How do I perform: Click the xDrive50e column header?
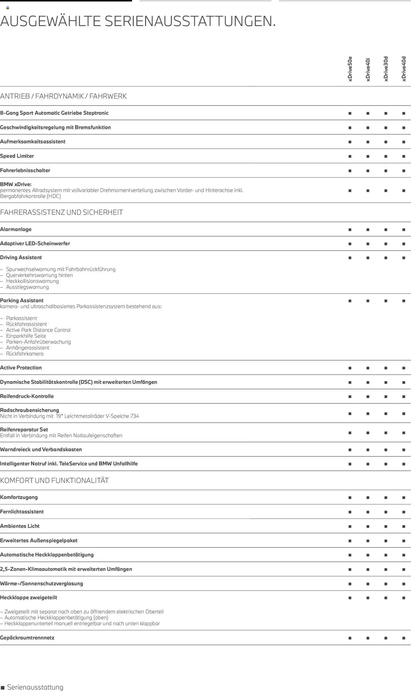(350, 69)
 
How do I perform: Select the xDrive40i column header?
(368, 69)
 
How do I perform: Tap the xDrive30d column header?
(386, 69)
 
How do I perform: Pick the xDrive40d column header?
(404, 69)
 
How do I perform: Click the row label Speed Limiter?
(17, 156)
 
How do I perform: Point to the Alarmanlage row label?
(16, 229)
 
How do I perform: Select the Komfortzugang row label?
(19, 497)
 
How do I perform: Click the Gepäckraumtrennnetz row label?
(27, 638)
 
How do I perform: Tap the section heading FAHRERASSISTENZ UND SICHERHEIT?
(62, 212)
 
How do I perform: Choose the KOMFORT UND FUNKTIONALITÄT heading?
(55, 481)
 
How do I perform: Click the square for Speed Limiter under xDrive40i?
(368, 157)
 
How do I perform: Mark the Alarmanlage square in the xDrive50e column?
(350, 230)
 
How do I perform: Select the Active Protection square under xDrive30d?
(386, 368)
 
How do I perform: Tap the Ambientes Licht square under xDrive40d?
(404, 527)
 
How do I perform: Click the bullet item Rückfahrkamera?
(25, 354)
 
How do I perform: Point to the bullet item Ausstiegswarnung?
(28, 287)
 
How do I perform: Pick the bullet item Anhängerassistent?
(28, 348)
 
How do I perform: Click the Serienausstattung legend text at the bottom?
(35, 687)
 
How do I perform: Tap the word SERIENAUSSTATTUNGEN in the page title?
(190, 21)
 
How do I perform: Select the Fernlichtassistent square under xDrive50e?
(350, 512)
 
